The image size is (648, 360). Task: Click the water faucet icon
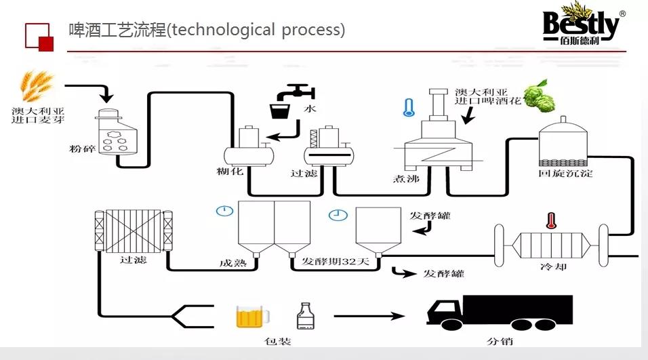pos(299,92)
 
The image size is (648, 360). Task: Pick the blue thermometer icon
pos(408,108)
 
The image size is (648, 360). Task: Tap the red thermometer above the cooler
pos(550,220)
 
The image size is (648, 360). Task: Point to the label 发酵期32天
pos(336,262)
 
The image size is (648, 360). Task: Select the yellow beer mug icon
pos(251,316)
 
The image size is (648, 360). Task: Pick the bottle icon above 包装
pos(306,317)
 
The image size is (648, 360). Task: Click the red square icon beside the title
pos(39,36)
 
